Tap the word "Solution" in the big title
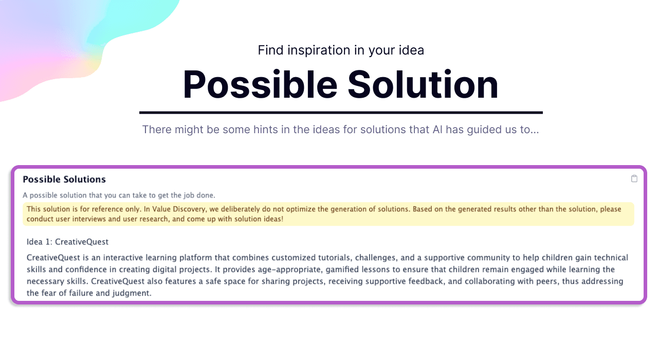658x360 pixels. (423, 84)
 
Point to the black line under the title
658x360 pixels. (341, 112)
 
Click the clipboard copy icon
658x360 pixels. (634, 179)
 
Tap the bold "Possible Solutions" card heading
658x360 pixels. (64, 179)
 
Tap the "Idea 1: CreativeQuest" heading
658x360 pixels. (67, 242)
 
